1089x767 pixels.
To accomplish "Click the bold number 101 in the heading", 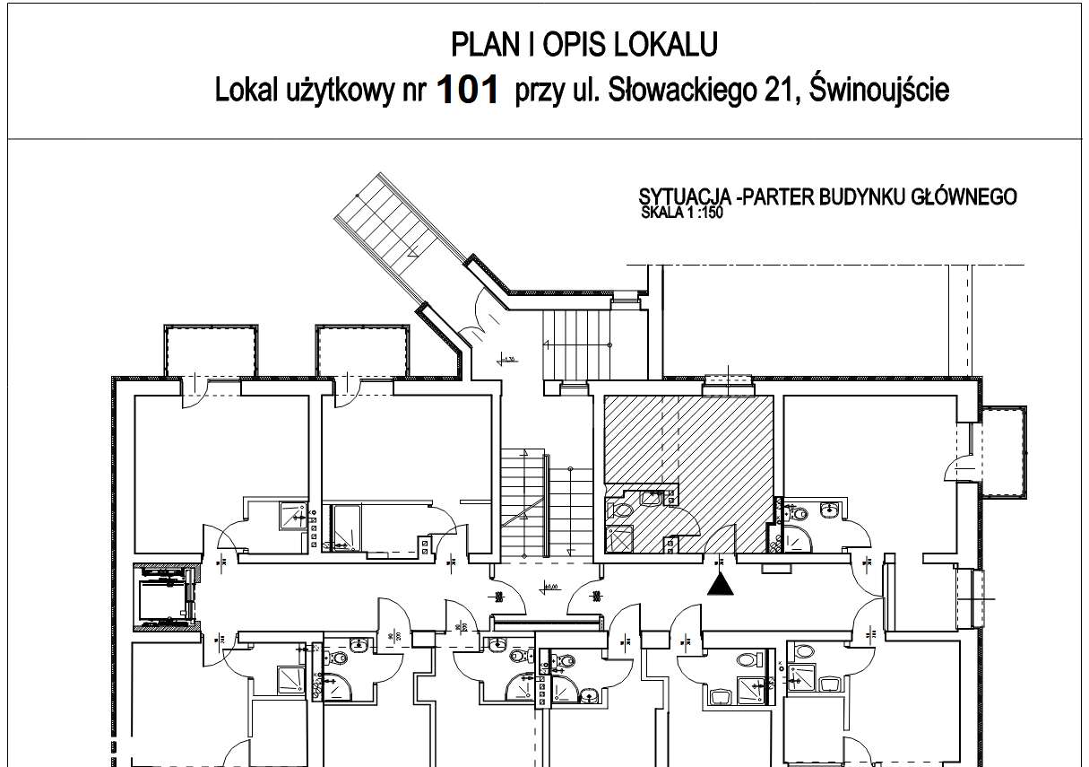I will (x=466, y=90).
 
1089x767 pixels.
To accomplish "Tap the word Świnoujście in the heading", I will (x=878, y=90).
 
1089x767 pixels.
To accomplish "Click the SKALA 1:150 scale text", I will (x=682, y=214).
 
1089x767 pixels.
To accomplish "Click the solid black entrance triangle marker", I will (x=721, y=585).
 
